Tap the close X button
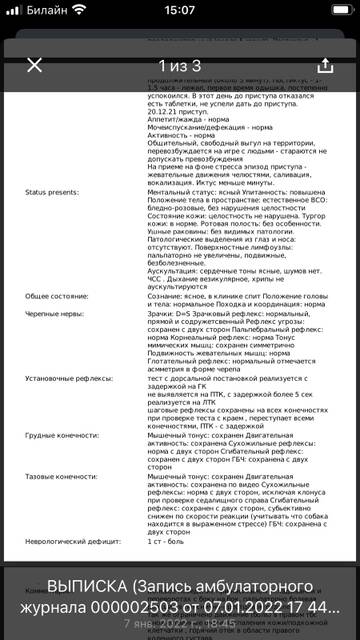coord(35,66)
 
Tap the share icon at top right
coord(324,66)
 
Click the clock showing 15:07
coord(179,12)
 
